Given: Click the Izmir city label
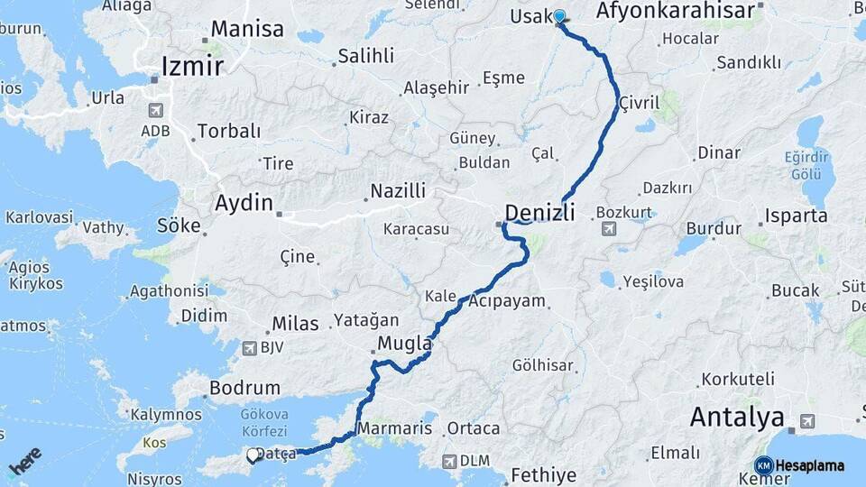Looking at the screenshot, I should (192, 66).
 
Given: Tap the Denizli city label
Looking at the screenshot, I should (539, 213).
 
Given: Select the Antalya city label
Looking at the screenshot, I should (736, 418).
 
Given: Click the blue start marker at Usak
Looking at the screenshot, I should (559, 16).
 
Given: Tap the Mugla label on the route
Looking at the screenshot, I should (404, 344).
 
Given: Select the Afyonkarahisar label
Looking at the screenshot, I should (675, 11).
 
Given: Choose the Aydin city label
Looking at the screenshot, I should (244, 203).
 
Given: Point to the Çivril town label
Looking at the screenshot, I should (636, 106).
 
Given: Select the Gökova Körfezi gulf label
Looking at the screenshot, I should (263, 423).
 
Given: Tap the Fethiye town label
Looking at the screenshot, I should (543, 474).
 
